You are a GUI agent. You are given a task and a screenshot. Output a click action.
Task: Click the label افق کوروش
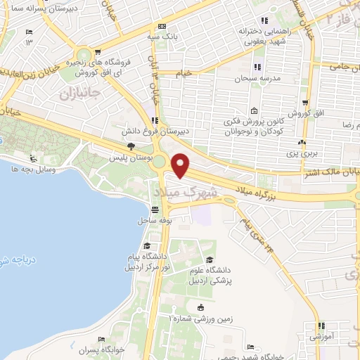click(x=299, y=114)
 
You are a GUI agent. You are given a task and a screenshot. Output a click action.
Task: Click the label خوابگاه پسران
click(x=101, y=349)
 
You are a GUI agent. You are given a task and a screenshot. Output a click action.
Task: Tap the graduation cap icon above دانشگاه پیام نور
click(x=147, y=245)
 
